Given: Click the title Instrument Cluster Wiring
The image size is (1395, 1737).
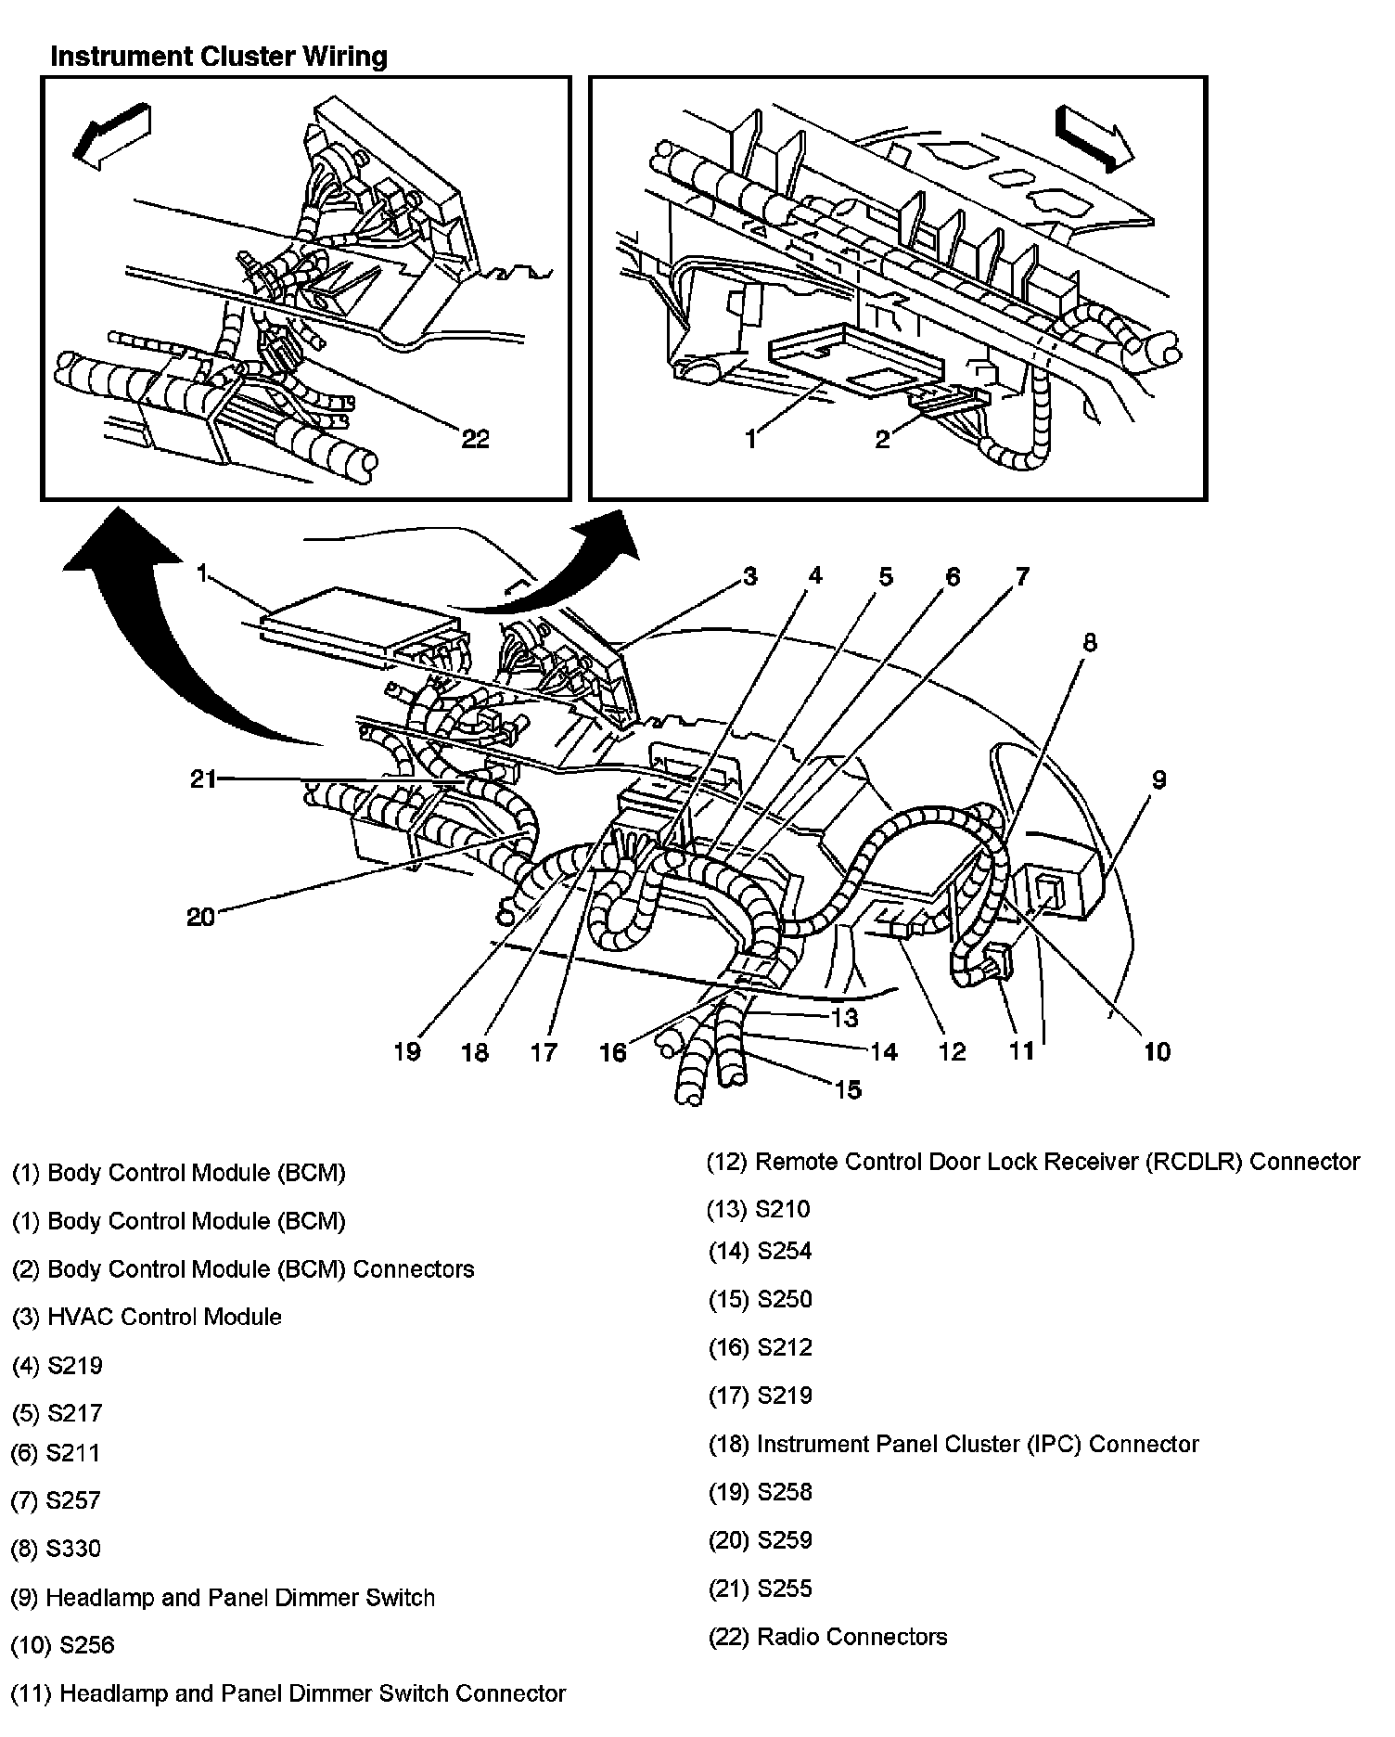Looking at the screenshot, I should pyautogui.click(x=219, y=57).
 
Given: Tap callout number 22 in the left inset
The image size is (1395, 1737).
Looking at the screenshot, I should pyautogui.click(x=475, y=438).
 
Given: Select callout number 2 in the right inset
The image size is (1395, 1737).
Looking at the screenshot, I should pyautogui.click(x=882, y=439).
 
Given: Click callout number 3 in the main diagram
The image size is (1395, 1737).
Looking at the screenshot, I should pyautogui.click(x=749, y=576).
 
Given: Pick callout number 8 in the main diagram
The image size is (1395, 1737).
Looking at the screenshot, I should pyautogui.click(x=1090, y=642).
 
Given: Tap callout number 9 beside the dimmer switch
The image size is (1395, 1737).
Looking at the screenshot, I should pyautogui.click(x=1158, y=779).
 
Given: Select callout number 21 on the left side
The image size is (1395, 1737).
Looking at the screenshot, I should pyautogui.click(x=203, y=779).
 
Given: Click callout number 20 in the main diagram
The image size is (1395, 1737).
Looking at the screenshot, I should pyautogui.click(x=200, y=917).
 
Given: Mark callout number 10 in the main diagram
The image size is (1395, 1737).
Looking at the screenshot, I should pyautogui.click(x=1158, y=1051).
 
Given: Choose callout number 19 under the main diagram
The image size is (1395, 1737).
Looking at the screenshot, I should pyautogui.click(x=407, y=1051).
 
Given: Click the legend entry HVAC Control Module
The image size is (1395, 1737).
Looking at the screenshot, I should pyautogui.click(x=147, y=1317).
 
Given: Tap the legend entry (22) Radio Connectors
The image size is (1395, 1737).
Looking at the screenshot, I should pyautogui.click(x=827, y=1636).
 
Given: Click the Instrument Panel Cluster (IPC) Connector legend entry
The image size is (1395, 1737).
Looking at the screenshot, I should pyautogui.click(x=953, y=1444).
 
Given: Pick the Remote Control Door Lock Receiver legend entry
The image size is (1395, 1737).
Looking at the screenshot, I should pyautogui.click(x=1032, y=1162).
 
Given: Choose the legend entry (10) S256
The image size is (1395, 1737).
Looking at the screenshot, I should pyautogui.click(x=62, y=1645).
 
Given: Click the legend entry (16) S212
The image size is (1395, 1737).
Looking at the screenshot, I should pyautogui.click(x=760, y=1347).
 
